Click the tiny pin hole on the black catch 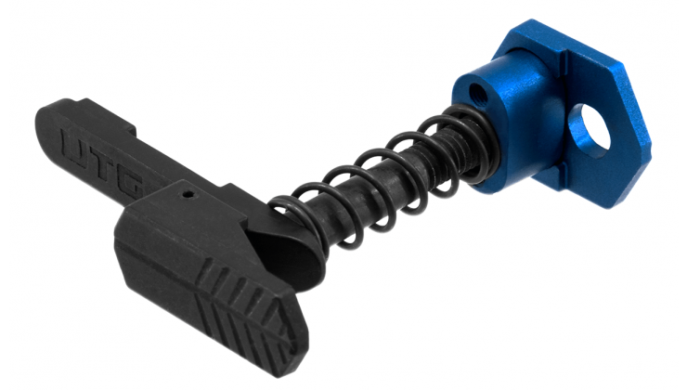click(x=188, y=193)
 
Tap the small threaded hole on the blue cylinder click(x=476, y=93)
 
